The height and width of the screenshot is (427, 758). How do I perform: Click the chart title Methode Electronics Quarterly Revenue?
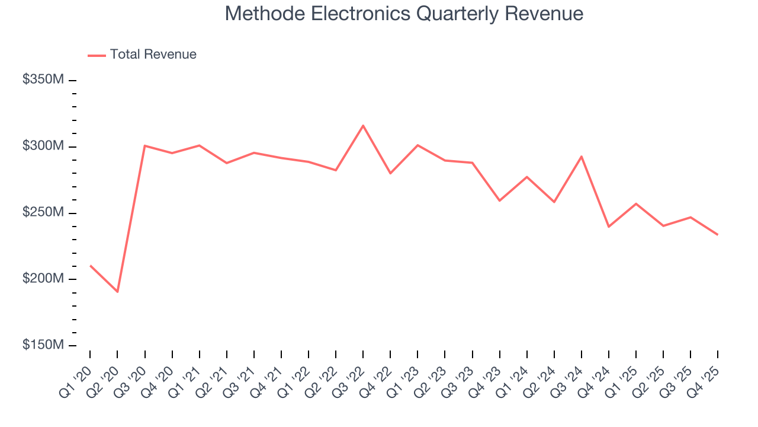coord(404,14)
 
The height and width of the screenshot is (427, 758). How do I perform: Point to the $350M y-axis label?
coord(43,79)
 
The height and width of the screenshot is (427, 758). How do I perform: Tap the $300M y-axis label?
coord(43,146)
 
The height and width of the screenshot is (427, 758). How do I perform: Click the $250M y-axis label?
coord(43,212)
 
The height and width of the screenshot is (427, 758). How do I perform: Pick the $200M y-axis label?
coord(43,279)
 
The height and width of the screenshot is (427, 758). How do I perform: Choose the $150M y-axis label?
coord(43,345)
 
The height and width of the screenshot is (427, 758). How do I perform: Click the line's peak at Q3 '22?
coord(363,125)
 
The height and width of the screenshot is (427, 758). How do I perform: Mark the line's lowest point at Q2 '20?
coord(117,292)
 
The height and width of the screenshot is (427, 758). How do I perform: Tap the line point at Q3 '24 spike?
coord(582,157)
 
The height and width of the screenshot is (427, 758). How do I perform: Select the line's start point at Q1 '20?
coord(90,265)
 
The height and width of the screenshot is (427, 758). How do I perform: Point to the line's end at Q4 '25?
coord(718,235)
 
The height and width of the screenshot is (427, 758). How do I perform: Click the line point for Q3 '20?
coord(144,145)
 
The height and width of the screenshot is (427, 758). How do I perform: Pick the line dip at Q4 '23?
coord(499,200)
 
